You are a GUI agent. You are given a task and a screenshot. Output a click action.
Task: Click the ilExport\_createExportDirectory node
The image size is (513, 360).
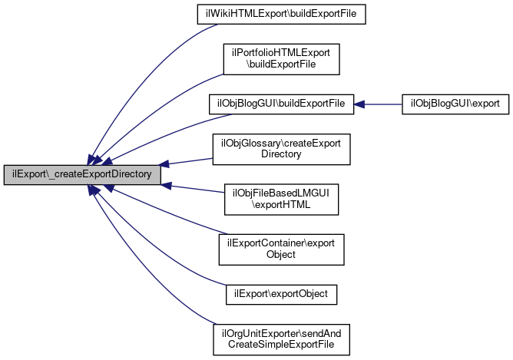tap(83, 174)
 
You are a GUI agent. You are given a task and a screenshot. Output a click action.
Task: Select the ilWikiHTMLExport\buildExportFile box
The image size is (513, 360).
tap(280, 15)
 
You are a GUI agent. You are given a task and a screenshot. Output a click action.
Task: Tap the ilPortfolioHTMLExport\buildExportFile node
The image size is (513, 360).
tap(280, 59)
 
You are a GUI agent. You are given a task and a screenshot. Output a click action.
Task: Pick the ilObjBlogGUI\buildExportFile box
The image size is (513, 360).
tap(280, 103)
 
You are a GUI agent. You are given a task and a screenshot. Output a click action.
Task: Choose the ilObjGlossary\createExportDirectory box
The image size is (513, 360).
tap(280, 147)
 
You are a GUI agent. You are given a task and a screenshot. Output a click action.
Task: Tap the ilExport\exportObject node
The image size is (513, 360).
tap(280, 293)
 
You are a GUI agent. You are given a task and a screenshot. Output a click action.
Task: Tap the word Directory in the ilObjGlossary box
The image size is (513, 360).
tap(280, 154)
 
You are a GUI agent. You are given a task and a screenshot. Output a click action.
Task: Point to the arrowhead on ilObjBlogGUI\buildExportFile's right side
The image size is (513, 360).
tap(359, 103)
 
